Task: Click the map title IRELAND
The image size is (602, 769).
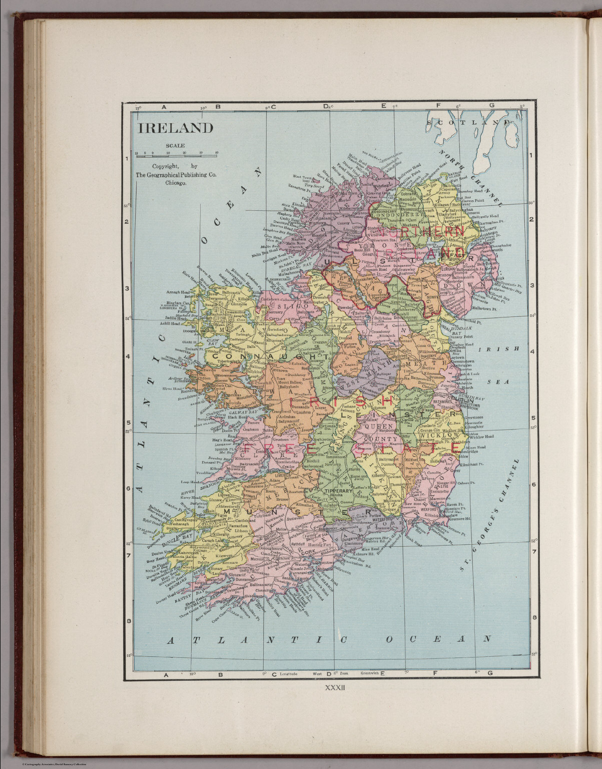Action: pos(176,128)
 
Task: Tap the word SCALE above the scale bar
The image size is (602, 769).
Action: pos(176,146)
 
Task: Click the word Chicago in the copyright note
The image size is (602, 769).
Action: pos(176,183)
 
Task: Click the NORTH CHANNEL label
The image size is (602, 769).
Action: pos(470,178)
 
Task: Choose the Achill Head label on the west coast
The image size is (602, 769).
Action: pos(169,324)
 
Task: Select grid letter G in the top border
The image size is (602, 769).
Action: pos(491,106)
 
